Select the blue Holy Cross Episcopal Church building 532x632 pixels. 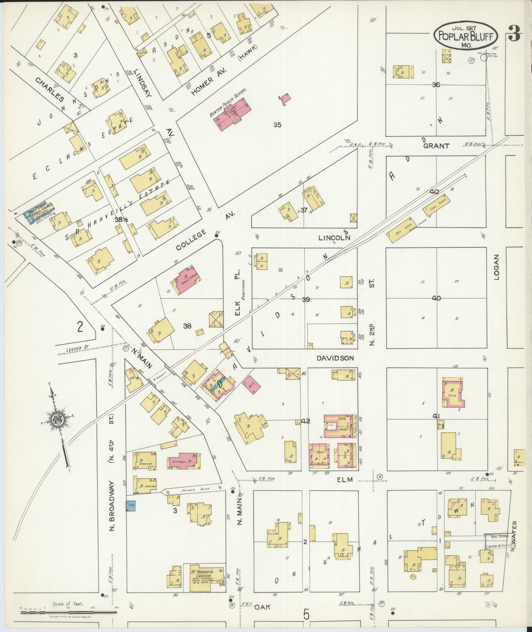point(39,211)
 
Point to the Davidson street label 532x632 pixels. point(335,358)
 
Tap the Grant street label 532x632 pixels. point(436,146)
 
